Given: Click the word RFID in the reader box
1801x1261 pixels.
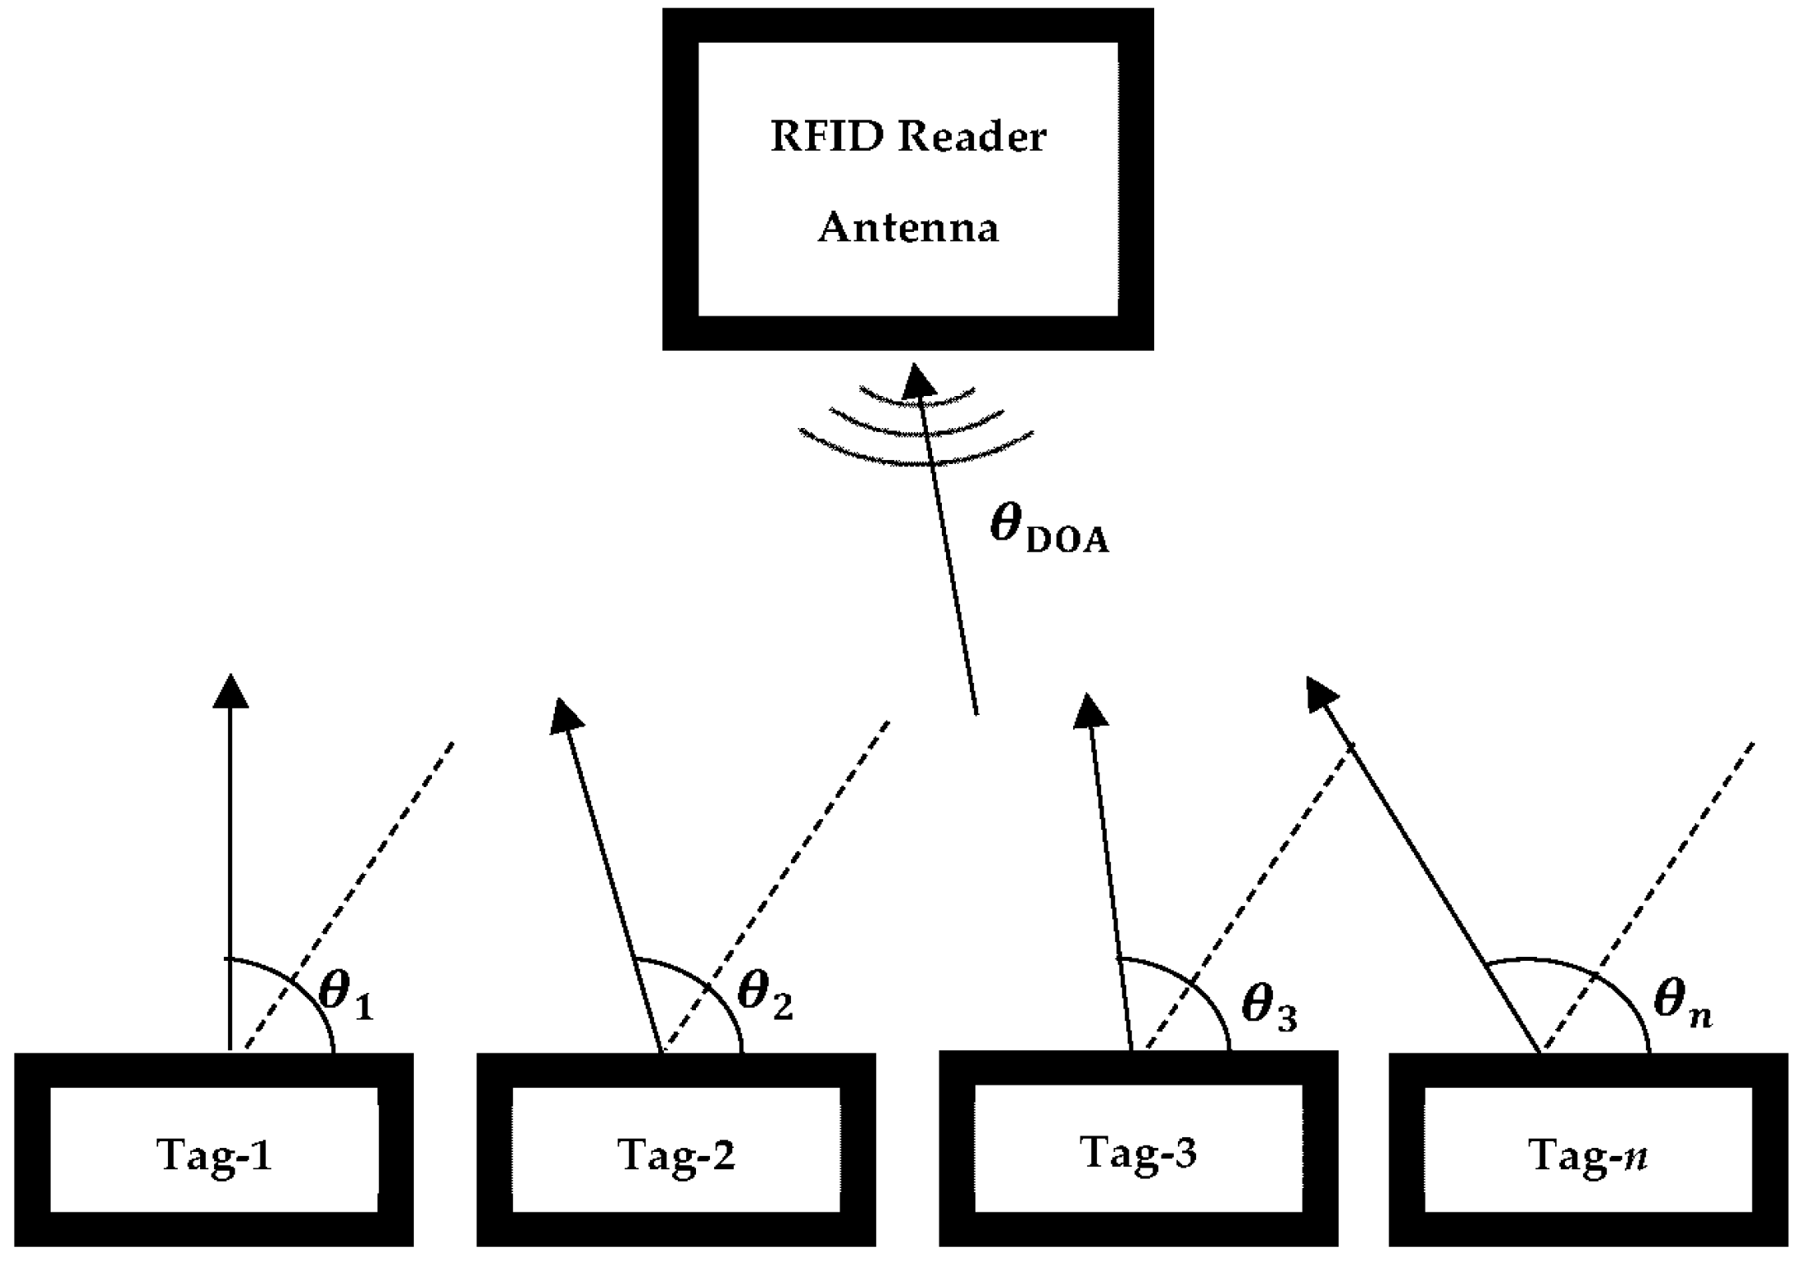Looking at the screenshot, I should (827, 137).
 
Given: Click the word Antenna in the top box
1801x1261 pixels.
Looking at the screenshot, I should (908, 228).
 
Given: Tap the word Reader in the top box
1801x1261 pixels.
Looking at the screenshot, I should (971, 137).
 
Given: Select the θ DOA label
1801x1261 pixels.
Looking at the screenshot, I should (1048, 529).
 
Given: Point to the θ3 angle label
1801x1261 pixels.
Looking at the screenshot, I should (1269, 1005).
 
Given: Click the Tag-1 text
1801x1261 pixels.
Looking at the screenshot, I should (214, 1155).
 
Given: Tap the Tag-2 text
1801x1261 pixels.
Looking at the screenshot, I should (676, 1155).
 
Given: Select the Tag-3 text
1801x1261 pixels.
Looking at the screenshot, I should (1139, 1152).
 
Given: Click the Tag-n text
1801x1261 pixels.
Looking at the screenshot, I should (1588, 1156).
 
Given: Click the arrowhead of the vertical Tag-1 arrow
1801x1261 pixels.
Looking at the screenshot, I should (230, 691).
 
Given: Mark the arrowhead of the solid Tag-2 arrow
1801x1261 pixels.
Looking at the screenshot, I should (566, 715).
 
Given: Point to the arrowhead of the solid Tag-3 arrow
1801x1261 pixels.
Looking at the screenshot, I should (1090, 710).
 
